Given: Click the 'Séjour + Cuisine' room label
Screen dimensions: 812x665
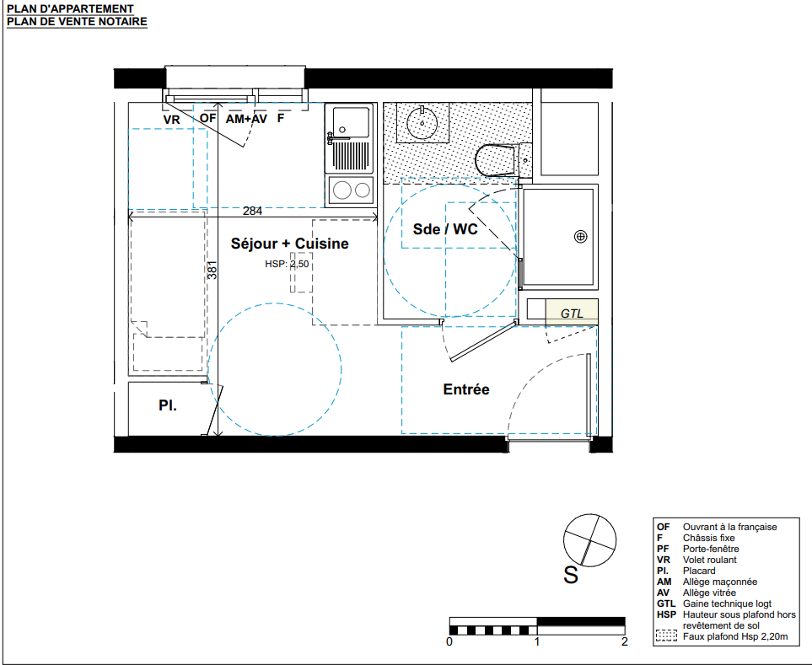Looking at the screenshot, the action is click(x=289, y=244).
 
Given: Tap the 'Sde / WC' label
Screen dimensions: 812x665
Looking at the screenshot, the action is click(x=445, y=229).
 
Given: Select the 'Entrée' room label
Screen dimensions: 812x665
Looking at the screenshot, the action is click(x=466, y=389).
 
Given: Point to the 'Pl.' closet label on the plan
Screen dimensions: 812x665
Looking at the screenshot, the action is click(x=168, y=405).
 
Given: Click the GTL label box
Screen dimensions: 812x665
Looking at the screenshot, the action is click(x=572, y=313).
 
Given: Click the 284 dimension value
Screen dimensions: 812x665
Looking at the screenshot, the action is click(x=252, y=212).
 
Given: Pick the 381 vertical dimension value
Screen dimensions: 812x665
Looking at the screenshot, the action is click(x=212, y=271).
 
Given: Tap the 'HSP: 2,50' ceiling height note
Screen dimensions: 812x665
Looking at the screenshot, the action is click(x=287, y=264).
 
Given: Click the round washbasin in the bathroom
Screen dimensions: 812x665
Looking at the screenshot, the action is click(x=422, y=123).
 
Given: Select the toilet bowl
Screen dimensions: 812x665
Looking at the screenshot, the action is click(x=496, y=160).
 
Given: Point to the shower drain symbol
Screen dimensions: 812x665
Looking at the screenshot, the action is click(x=580, y=237).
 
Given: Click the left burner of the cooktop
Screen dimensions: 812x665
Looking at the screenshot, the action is click(x=342, y=190).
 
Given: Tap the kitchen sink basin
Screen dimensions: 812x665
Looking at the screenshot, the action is click(x=351, y=122).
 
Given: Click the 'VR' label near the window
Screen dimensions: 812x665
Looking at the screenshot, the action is click(x=171, y=120).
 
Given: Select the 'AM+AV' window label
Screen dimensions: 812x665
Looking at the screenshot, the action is click(x=246, y=119).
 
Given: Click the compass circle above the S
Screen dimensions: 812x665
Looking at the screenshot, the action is click(x=590, y=540).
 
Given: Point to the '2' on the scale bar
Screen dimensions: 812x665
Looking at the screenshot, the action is click(x=625, y=641).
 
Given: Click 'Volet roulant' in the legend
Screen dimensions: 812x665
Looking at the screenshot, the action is click(x=709, y=560).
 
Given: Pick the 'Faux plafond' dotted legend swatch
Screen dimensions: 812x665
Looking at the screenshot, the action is click(x=666, y=636).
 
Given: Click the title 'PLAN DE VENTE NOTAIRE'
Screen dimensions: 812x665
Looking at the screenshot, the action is click(x=78, y=22).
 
